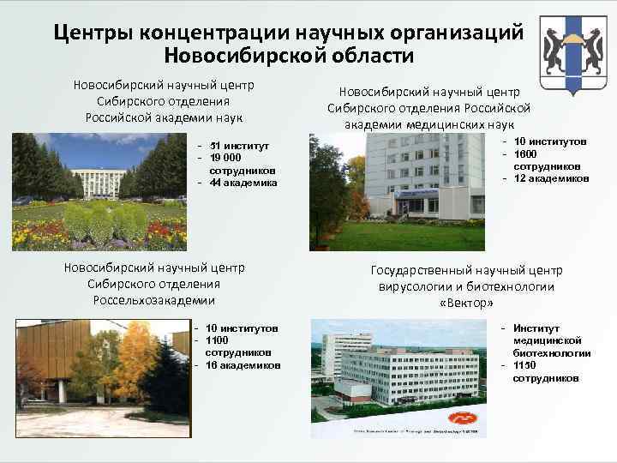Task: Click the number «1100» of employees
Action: [x=220, y=340]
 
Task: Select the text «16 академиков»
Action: [x=243, y=365]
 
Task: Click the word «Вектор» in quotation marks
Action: [x=466, y=304]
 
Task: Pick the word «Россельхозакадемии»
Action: [x=154, y=300]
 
